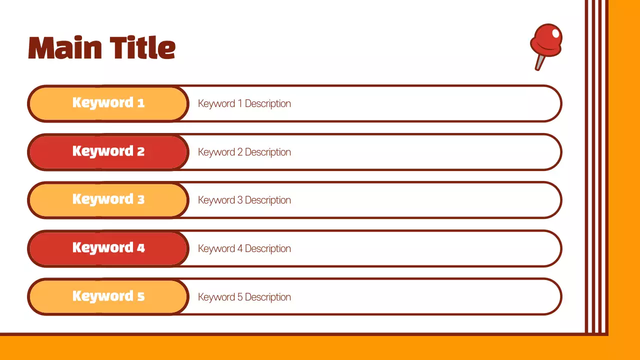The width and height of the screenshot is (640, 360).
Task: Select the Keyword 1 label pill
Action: pyautogui.click(x=108, y=103)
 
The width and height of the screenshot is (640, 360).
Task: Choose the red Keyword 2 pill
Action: pyautogui.click(x=108, y=152)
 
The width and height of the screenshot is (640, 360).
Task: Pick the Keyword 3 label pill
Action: pyautogui.click(x=108, y=200)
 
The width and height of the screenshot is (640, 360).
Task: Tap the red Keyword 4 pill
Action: pyautogui.click(x=108, y=248)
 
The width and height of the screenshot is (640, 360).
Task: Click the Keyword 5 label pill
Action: pyautogui.click(x=108, y=296)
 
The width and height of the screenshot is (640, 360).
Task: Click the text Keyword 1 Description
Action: pyautogui.click(x=244, y=103)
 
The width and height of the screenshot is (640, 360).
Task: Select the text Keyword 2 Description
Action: pyautogui.click(x=244, y=152)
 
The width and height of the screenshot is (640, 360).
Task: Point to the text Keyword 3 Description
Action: pyautogui.click(x=244, y=200)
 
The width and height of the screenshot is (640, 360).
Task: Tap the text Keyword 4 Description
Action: pyautogui.click(x=244, y=248)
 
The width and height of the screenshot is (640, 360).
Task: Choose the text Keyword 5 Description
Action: pyautogui.click(x=244, y=297)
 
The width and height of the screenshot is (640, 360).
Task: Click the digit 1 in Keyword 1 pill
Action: pyautogui.click(x=141, y=103)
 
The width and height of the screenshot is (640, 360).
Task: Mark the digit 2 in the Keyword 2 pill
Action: pyautogui.click(x=141, y=151)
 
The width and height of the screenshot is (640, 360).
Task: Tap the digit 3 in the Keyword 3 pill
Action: pyautogui.click(x=141, y=199)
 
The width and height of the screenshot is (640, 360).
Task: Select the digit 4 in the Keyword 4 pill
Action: pyautogui.click(x=141, y=248)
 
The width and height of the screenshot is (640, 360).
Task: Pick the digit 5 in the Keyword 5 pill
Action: pyautogui.click(x=141, y=296)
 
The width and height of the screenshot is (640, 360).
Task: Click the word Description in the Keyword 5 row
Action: pyautogui.click(x=267, y=297)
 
